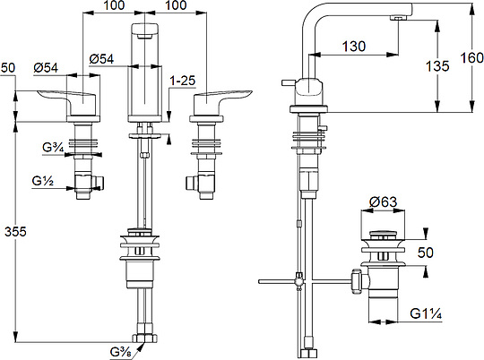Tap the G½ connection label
(41, 181)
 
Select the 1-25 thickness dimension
(184, 80)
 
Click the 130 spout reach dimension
(354, 47)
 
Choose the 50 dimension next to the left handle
(9, 68)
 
